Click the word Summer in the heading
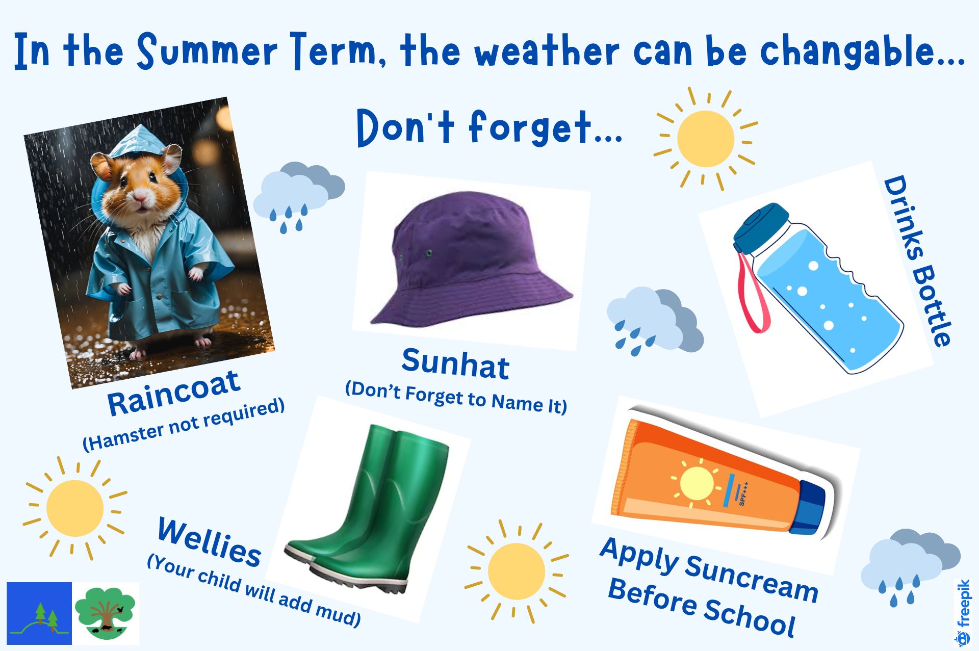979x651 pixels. click(207, 50)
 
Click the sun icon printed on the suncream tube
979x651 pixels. click(697, 483)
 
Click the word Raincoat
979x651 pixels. click(173, 392)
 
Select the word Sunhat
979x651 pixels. click(455, 363)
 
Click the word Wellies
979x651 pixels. click(210, 541)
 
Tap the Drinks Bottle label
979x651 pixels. click(918, 261)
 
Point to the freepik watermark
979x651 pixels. click(963, 612)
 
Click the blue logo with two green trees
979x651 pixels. click(39, 613)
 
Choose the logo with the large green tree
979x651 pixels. click(106, 613)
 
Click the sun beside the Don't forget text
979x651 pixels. click(706, 139)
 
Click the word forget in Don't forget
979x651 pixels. click(530, 127)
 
